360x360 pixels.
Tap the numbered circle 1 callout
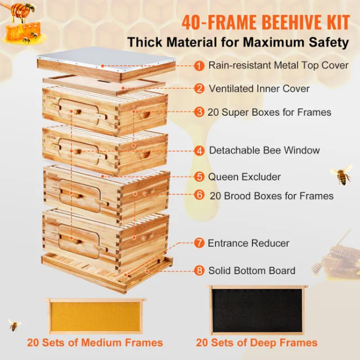pyautogui.click(x=199, y=65)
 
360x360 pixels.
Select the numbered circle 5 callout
pyautogui.click(x=199, y=177)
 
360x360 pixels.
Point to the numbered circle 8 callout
pyautogui.click(x=199, y=271)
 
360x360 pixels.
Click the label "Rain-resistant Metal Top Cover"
pyautogui.click(x=278, y=65)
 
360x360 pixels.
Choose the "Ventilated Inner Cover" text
pyautogui.click(x=259, y=88)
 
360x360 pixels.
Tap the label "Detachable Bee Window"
pyautogui.click(x=264, y=150)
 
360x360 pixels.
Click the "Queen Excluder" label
pyautogui.click(x=244, y=177)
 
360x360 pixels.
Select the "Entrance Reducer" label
pyautogui.click(x=248, y=243)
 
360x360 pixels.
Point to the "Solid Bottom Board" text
pyautogui.click(x=251, y=271)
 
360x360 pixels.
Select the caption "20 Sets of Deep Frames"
pyautogui.click(x=256, y=343)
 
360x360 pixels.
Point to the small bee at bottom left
pyautogui.click(x=14, y=325)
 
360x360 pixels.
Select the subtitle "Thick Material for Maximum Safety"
pyautogui.click(x=237, y=43)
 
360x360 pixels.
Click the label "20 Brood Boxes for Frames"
pyautogui.click(x=271, y=196)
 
